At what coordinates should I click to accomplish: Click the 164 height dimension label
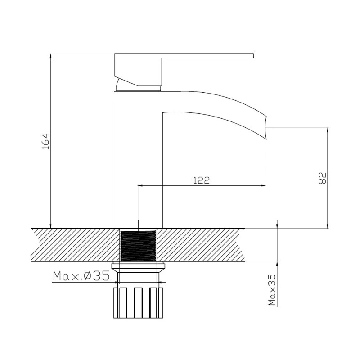pos(45,141)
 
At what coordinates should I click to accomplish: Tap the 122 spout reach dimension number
pos(201,180)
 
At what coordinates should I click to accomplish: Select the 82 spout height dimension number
pos(322,178)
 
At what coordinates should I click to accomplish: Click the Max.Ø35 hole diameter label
pos(81,276)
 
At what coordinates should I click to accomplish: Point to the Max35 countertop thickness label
pos(272,290)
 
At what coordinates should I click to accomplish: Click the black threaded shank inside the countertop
pos(138,246)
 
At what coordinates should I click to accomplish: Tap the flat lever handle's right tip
pos(253,55)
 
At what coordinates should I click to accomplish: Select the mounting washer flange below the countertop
pos(138,266)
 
